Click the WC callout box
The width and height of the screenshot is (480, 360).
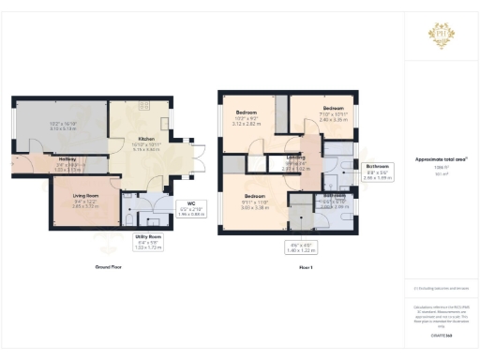[190, 209]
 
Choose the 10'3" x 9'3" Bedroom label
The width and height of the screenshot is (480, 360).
[247, 117]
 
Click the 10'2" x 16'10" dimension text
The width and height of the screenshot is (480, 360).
[63, 124]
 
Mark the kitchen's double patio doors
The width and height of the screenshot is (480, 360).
[196, 156]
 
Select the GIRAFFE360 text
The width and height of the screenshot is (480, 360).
[441, 333]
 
